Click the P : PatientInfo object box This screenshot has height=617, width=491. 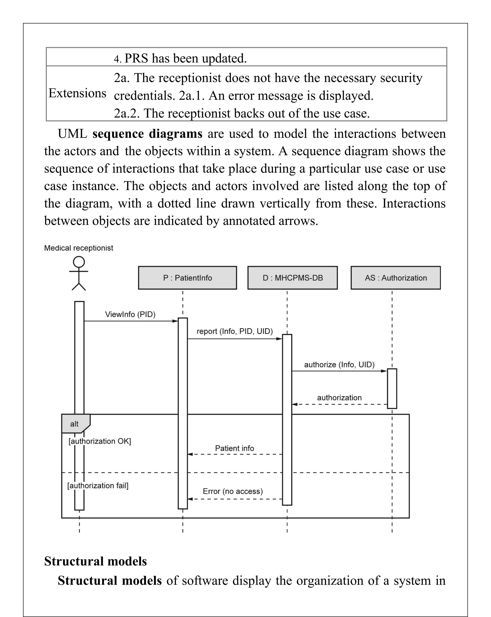tap(187, 278)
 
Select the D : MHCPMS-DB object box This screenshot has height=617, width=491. tap(292, 278)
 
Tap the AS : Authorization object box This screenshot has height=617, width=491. tap(395, 278)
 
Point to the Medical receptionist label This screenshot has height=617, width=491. tap(78, 248)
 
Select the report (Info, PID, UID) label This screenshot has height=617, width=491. tap(234, 331)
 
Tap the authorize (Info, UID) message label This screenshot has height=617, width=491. tap(339, 365)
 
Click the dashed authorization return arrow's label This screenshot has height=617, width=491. tap(339, 398)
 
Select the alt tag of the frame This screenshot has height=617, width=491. tap(74, 424)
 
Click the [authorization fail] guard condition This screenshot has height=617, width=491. tap(98, 485)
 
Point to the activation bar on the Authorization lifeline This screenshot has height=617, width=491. tap(392, 388)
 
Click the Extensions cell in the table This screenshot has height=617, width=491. tap(77, 93)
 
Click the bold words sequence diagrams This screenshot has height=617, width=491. tap(147, 134)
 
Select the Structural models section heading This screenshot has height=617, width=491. tap(95, 561)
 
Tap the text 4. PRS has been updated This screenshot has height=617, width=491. tap(180, 58)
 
